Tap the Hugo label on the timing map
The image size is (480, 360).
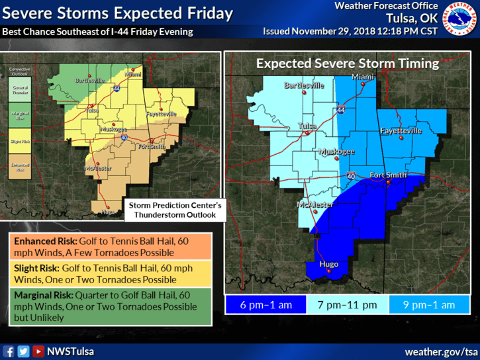click(x=329, y=264)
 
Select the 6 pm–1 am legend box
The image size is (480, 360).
click(x=265, y=304)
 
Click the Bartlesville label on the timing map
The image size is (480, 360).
click(x=304, y=85)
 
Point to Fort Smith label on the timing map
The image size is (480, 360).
click(x=387, y=175)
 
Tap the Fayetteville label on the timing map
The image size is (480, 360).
click(x=401, y=131)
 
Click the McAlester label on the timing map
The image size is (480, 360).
click(x=316, y=204)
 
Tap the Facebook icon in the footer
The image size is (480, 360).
click(x=9, y=351)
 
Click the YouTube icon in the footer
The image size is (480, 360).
click(x=38, y=351)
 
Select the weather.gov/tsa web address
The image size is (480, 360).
click(x=441, y=351)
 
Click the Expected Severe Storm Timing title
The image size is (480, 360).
click(x=348, y=64)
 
